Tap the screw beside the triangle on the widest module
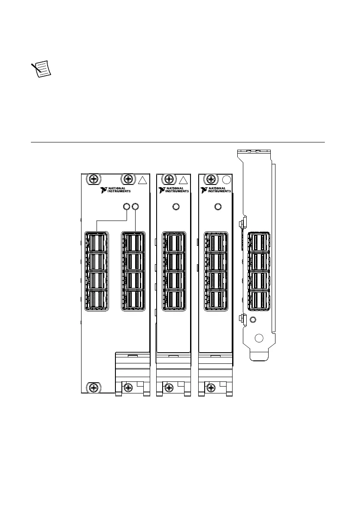(x=128, y=179)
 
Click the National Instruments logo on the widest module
(x=115, y=190)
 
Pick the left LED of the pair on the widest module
(x=127, y=207)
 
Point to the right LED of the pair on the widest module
(x=136, y=207)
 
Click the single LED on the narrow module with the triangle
(x=175, y=207)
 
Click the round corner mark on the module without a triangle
(x=226, y=179)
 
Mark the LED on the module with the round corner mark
(x=218, y=207)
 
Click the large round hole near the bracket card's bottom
(x=258, y=338)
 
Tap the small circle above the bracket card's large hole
(x=253, y=320)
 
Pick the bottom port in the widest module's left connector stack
(x=97, y=300)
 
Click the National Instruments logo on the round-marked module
(x=216, y=190)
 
